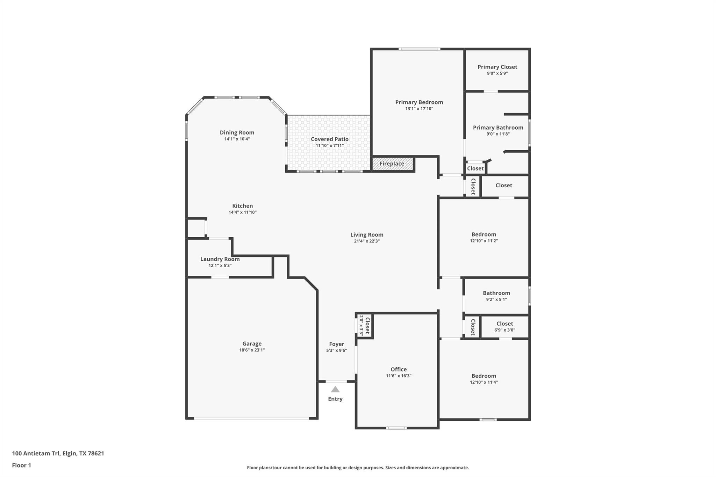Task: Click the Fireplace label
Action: pos(392,164)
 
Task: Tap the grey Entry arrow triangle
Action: pos(335,389)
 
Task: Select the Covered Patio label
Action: pos(330,139)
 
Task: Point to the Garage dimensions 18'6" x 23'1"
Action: pos(252,350)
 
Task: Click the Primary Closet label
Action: pos(497,67)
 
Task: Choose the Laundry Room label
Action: pos(220,259)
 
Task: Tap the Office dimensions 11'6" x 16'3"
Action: pos(399,376)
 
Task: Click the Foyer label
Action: pos(337,344)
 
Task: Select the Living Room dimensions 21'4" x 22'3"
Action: pos(367,241)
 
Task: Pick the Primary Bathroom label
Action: pos(498,128)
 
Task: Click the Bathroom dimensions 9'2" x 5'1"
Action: pos(496,299)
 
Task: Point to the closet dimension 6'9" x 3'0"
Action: pos(504,330)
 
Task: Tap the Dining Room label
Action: pos(237,132)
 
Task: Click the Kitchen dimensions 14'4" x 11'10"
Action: pos(243,212)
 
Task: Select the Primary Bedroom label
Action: pos(419,102)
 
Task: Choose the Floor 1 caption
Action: pos(22,465)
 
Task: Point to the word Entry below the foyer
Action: pos(335,399)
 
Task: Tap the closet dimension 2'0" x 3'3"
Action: pos(361,325)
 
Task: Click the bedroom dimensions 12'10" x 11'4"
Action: pos(484,382)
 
